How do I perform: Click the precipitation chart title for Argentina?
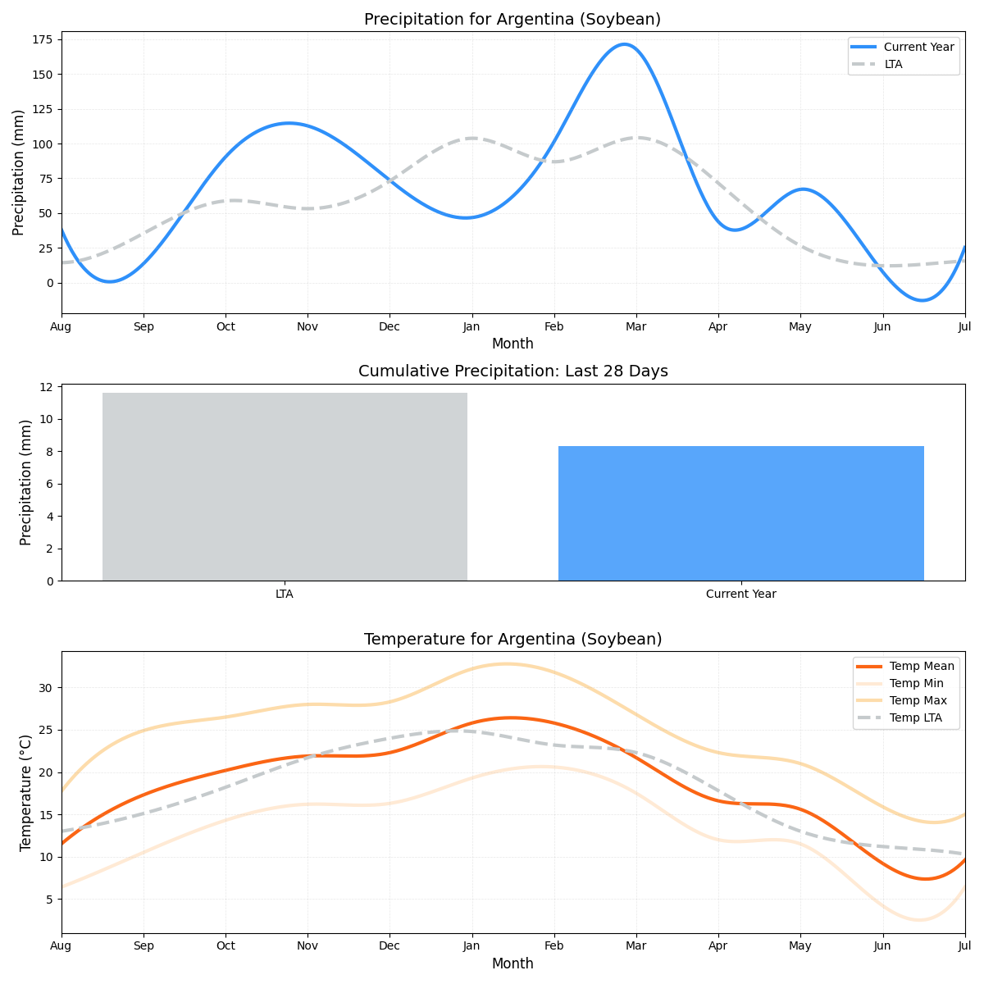[512, 20]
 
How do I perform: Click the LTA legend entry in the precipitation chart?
[893, 64]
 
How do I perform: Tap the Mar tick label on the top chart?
[635, 326]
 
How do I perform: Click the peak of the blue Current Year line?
[624, 44]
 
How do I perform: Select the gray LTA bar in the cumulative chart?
[285, 487]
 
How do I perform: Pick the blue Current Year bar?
[740, 513]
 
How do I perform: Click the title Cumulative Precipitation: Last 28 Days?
[512, 371]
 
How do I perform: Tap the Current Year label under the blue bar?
[740, 594]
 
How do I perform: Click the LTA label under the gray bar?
[285, 594]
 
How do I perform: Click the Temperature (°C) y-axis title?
[26, 792]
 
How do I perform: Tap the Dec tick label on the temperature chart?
[389, 946]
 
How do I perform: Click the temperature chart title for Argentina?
[512, 640]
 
